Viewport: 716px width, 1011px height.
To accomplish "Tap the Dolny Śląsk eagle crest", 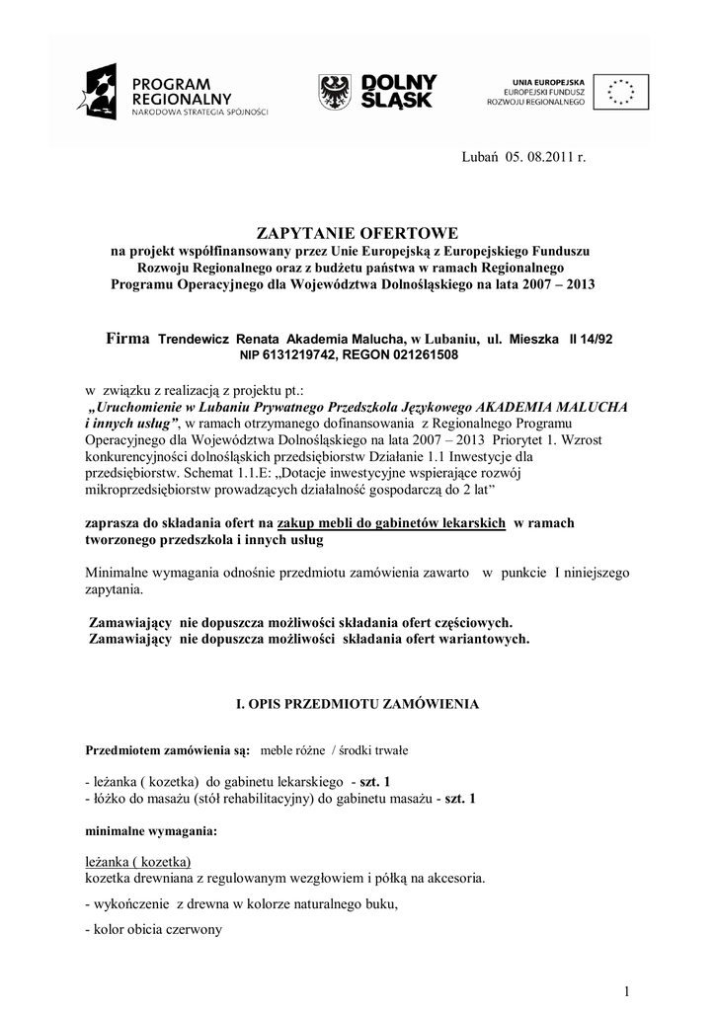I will [x=334, y=92].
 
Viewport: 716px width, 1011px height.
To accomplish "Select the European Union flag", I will [x=621, y=91].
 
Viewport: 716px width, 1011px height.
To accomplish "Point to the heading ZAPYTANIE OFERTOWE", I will [x=358, y=233].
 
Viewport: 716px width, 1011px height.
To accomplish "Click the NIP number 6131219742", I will [x=299, y=354].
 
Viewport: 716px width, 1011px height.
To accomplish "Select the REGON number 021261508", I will [x=420, y=354].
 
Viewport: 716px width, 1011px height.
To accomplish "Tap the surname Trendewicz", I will [x=194, y=339].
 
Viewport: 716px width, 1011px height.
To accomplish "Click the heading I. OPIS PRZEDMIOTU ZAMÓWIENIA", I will [x=357, y=704].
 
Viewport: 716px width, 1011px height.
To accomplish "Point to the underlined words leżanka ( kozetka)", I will [x=138, y=860].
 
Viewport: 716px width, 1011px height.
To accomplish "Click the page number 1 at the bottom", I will [x=626, y=991].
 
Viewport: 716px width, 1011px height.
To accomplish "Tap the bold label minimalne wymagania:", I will [x=152, y=831].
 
